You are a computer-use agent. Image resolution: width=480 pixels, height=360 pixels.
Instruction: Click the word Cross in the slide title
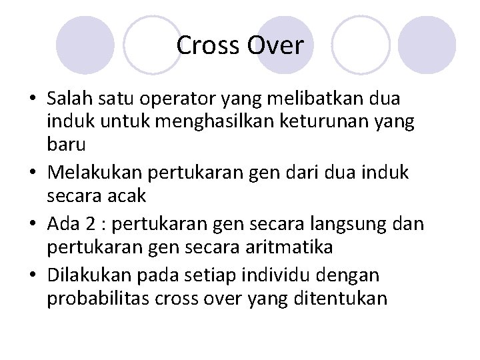[x=208, y=46]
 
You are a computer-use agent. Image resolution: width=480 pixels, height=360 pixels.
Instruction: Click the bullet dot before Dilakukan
[x=34, y=275]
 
